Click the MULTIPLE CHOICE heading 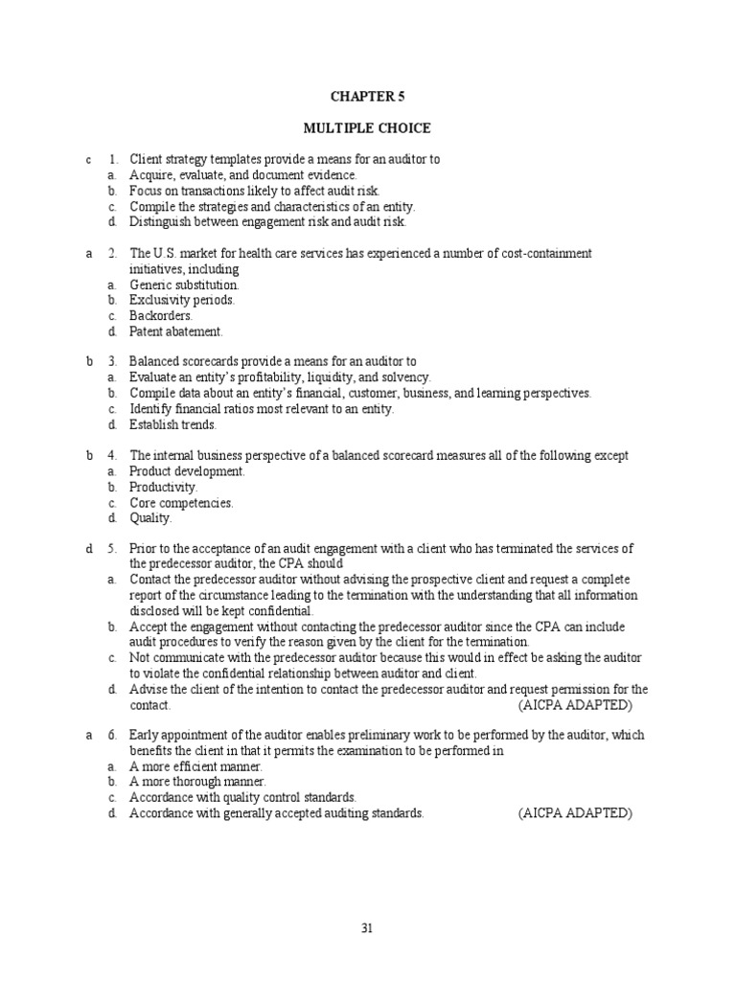tap(367, 128)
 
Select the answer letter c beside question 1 tap(87, 160)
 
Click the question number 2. tap(112, 254)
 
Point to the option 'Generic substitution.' tap(184, 285)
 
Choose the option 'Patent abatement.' tap(175, 332)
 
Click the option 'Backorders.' tap(161, 316)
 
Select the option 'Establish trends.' tap(173, 425)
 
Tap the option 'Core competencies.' tap(181, 503)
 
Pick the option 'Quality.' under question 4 tap(150, 518)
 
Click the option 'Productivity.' tap(163, 488)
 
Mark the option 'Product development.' tap(187, 472)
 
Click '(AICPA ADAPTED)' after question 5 tap(575, 705)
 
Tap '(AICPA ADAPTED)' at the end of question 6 tap(575, 813)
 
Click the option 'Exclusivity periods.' tap(182, 301)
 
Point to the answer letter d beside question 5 tap(87, 549)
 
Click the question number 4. tap(112, 456)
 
